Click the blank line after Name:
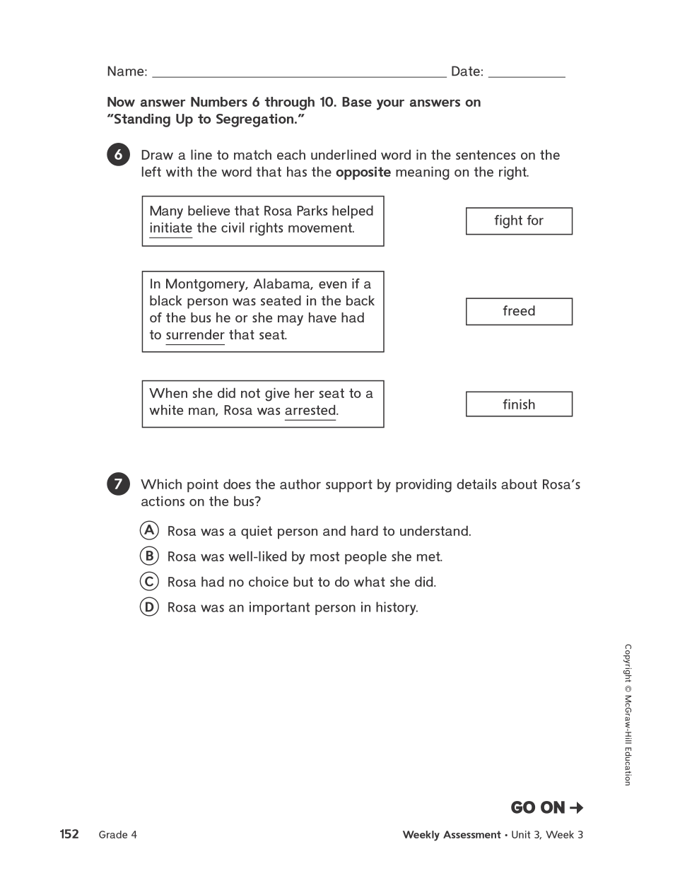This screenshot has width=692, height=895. point(299,74)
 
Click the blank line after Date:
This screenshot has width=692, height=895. point(527,74)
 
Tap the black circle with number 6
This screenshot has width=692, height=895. point(118,155)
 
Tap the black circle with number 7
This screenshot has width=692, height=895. point(118,484)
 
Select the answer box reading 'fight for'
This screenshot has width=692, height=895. point(519,221)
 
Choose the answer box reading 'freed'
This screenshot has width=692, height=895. point(519,312)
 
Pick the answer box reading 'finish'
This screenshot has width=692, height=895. point(519,404)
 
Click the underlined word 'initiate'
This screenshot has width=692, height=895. point(170,228)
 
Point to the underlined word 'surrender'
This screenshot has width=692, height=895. point(195,335)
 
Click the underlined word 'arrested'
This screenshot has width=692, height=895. point(310,411)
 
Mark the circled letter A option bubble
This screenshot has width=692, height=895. point(149,530)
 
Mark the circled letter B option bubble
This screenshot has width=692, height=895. point(149,556)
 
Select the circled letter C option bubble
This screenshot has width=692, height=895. point(149,581)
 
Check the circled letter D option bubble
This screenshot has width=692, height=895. point(149,607)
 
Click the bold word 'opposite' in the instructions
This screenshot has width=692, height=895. point(363,172)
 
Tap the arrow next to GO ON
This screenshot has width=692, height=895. point(576,807)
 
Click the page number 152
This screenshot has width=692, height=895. point(69,834)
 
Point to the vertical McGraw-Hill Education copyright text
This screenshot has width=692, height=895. point(627,714)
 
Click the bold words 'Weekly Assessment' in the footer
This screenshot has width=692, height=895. point(451,835)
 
